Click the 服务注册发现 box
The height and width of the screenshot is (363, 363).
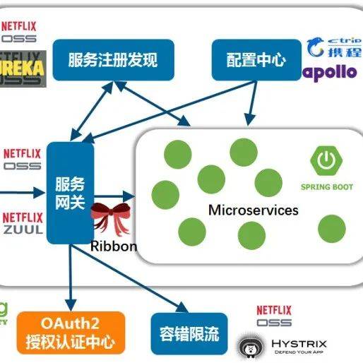[112, 59]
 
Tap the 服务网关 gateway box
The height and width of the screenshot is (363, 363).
[70, 193]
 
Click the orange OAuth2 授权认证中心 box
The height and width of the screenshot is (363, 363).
[70, 332]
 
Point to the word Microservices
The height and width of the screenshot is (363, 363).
[253, 210]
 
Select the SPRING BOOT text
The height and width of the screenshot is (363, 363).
[326, 186]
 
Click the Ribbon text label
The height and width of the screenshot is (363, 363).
[113, 246]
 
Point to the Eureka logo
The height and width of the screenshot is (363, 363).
[23, 68]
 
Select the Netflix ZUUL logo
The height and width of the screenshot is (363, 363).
[23, 223]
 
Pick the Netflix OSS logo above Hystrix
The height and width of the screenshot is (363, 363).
[273, 315]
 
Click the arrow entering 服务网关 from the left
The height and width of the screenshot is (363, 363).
[21, 191]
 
